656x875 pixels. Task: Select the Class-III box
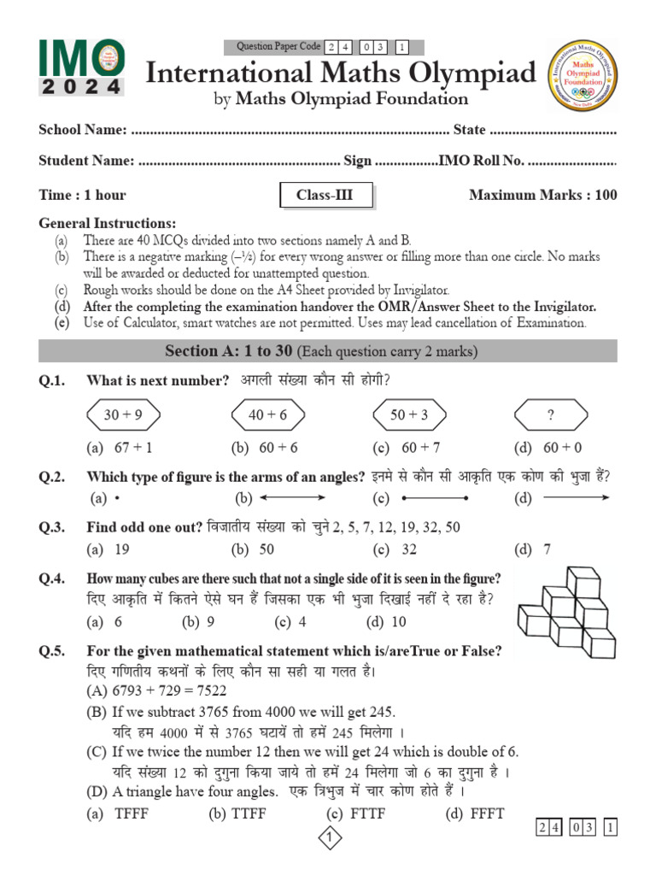[x=324, y=196]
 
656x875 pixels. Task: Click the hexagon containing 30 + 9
[x=123, y=415]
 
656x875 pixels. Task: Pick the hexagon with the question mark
[x=551, y=415]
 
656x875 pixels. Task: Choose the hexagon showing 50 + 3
[x=408, y=415]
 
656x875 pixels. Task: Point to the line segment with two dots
[x=435, y=498]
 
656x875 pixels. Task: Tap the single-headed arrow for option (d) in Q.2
[x=577, y=498]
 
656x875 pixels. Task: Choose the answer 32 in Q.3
[x=408, y=549]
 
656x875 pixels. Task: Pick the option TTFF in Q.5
[x=249, y=813]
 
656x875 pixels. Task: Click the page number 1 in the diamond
[x=329, y=841]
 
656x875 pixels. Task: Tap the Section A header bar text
[x=321, y=351]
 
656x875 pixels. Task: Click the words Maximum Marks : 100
[x=542, y=196]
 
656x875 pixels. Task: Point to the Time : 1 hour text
[x=82, y=196]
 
